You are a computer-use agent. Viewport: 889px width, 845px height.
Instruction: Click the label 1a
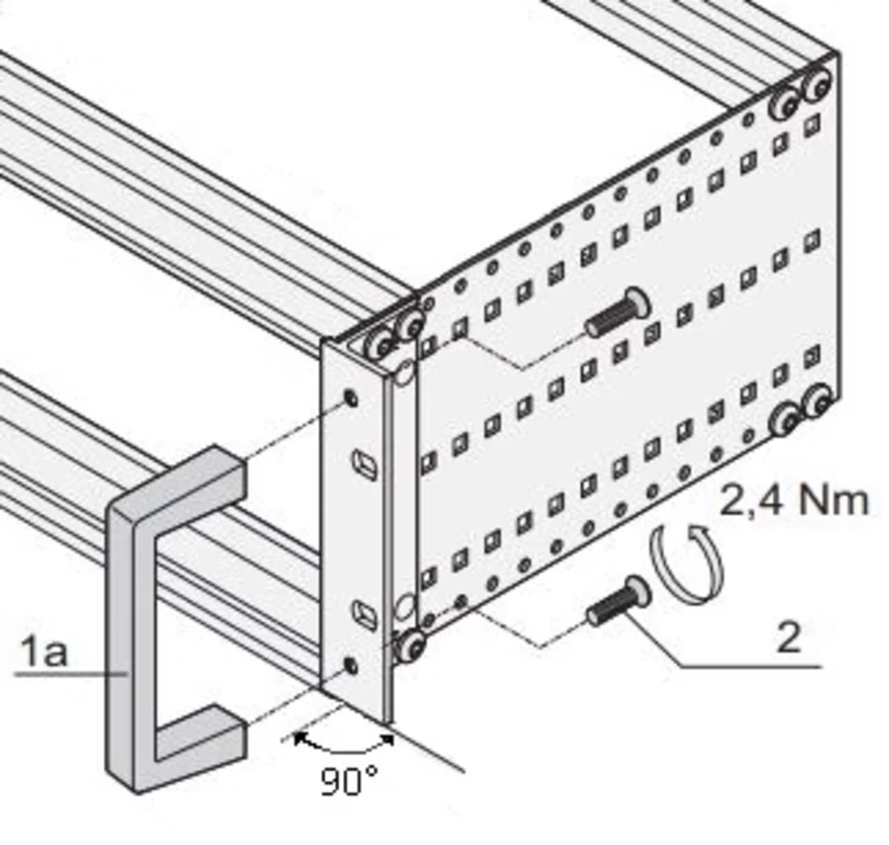click(44, 651)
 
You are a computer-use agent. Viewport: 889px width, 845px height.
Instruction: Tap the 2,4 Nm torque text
click(794, 501)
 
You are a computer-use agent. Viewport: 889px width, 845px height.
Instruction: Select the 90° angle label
click(348, 782)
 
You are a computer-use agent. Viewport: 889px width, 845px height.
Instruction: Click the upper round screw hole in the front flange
click(351, 398)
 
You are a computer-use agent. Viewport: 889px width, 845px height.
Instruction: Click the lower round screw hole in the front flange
click(351, 666)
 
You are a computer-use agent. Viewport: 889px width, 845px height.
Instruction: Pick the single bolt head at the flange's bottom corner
click(410, 646)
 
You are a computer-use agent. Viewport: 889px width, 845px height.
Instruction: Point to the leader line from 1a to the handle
click(71, 674)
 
